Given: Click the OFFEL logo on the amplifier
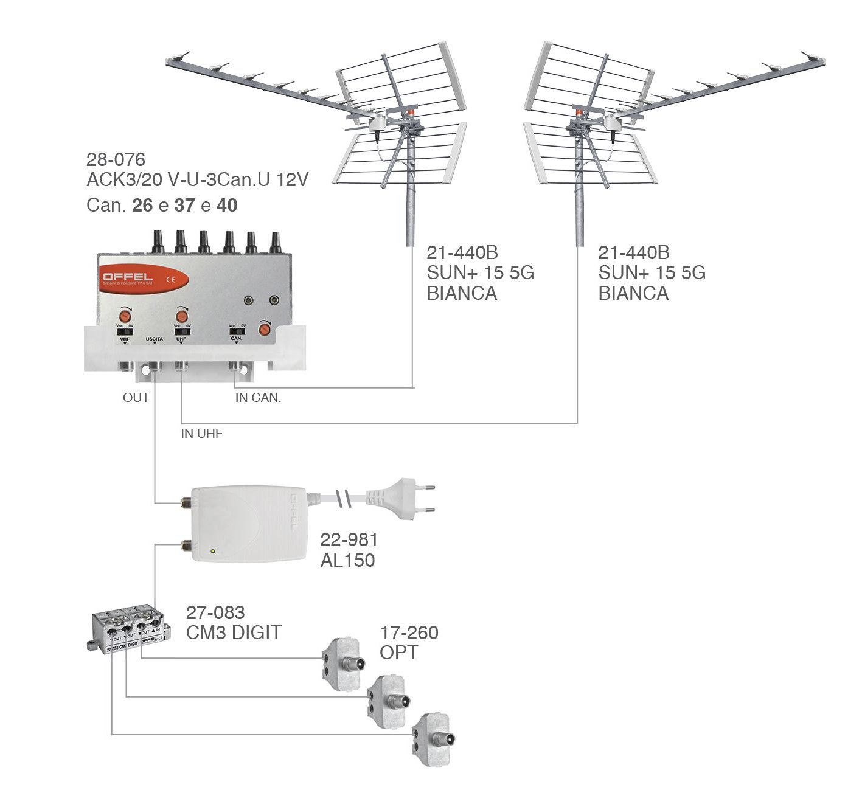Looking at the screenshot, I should tap(128, 279).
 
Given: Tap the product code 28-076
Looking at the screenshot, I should tap(116, 159).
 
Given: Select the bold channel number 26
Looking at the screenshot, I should tap(142, 206).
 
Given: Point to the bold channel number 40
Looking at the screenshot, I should tap(227, 206).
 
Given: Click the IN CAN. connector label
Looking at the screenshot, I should tap(258, 398).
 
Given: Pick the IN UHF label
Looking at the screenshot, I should tap(201, 434).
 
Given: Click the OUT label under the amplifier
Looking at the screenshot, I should tap(136, 398).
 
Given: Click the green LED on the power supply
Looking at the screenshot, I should tap(212, 552).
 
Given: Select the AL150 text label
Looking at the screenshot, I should tap(347, 560).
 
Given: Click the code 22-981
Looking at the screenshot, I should tap(349, 539).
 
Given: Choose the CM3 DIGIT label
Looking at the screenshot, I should tap(234, 632).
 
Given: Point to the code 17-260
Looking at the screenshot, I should tap(409, 632).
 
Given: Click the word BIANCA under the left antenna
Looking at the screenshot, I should tap(462, 293).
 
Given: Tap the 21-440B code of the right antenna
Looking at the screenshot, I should tap(633, 252).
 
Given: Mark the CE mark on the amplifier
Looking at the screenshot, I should tap(171, 280).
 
